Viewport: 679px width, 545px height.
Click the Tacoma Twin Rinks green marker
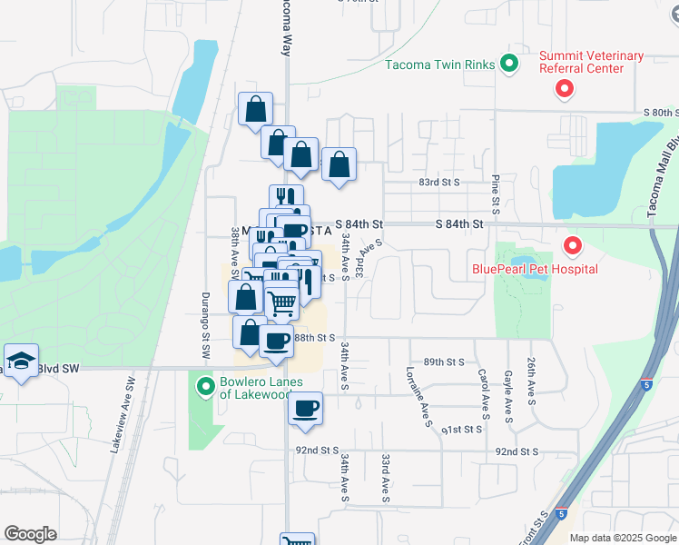[x=509, y=64]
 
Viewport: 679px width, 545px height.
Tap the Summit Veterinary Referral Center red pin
[x=565, y=89]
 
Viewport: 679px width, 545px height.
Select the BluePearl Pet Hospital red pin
[x=572, y=245]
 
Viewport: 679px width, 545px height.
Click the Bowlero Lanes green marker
[x=206, y=388]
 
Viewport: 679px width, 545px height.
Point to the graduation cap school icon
[x=20, y=360]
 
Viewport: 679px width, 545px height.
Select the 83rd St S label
[x=439, y=182]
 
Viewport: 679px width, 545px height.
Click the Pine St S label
[x=496, y=191]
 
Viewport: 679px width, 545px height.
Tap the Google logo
[x=30, y=534]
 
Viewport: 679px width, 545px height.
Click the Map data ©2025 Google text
[x=624, y=538]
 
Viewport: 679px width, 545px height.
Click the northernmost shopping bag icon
[x=256, y=109]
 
